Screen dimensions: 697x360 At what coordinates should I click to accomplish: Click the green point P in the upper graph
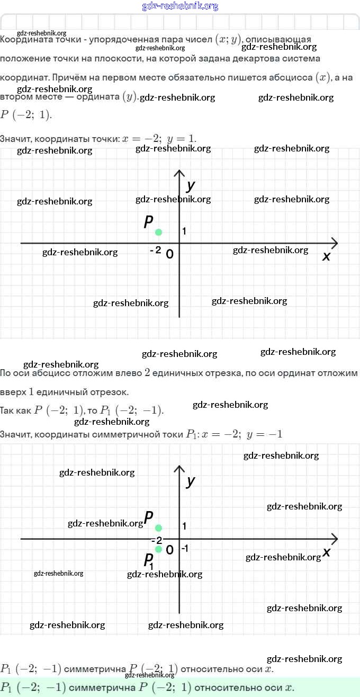(x=158, y=232)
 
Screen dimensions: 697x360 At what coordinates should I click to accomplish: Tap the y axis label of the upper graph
(x=191, y=185)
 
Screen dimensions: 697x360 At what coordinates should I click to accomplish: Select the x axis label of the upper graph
(x=326, y=256)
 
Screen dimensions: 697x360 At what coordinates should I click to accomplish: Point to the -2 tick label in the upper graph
(x=155, y=250)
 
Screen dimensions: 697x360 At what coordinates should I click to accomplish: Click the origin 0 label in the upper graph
(x=169, y=254)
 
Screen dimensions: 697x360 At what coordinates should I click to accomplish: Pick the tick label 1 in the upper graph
(x=184, y=231)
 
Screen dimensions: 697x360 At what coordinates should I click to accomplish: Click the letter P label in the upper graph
(x=149, y=222)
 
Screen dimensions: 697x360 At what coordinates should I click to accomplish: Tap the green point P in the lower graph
(x=158, y=528)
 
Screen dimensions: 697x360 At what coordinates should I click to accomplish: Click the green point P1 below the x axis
(x=158, y=549)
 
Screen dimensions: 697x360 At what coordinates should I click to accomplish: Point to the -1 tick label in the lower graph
(x=184, y=549)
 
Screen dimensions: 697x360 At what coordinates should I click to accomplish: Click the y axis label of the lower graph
(x=191, y=481)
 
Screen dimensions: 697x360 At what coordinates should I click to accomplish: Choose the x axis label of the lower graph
(x=326, y=552)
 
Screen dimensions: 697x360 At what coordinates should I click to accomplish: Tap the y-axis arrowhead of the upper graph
(x=179, y=173)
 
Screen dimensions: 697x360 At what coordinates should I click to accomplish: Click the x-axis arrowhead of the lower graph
(x=335, y=539)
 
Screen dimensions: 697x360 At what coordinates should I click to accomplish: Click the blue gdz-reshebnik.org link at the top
(x=180, y=6)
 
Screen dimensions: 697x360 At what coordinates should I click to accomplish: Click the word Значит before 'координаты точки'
(x=15, y=139)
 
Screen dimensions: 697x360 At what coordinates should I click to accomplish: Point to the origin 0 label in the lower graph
(x=169, y=550)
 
